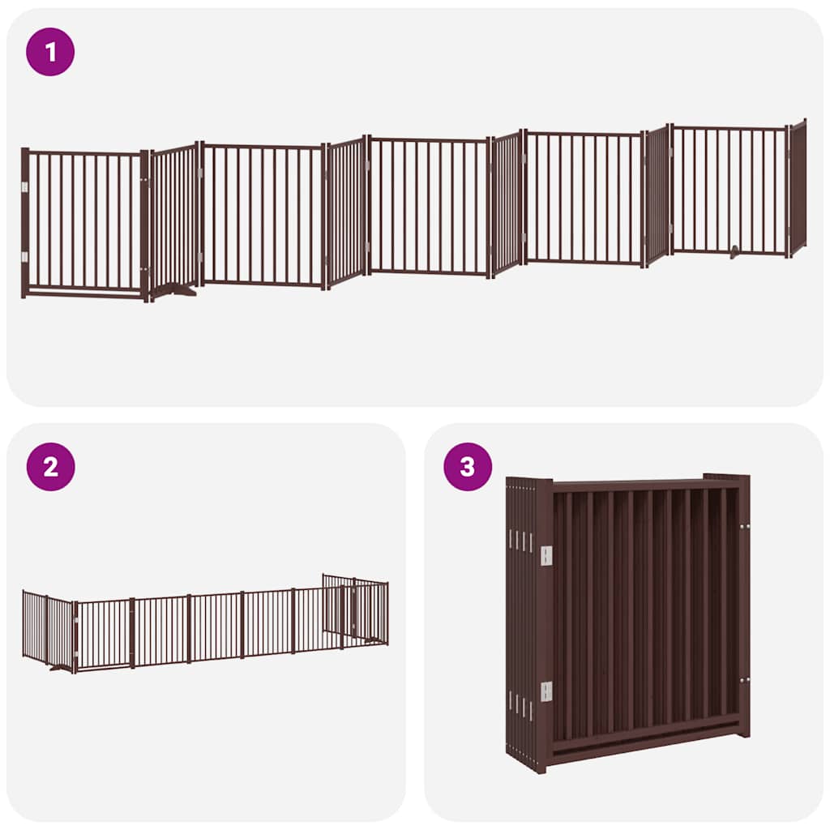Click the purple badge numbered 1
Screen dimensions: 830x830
(x=50, y=52)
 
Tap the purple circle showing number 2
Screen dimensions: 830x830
(x=50, y=467)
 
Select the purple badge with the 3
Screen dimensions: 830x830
(x=468, y=467)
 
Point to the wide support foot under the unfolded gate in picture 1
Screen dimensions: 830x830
(x=175, y=289)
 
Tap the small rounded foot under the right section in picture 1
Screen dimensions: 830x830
(x=734, y=253)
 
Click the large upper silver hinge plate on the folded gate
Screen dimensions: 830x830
(x=546, y=555)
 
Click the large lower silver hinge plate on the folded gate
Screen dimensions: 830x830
(x=546, y=691)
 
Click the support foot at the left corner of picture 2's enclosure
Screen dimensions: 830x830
(x=61, y=669)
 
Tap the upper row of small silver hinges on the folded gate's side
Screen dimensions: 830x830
(x=520, y=540)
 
